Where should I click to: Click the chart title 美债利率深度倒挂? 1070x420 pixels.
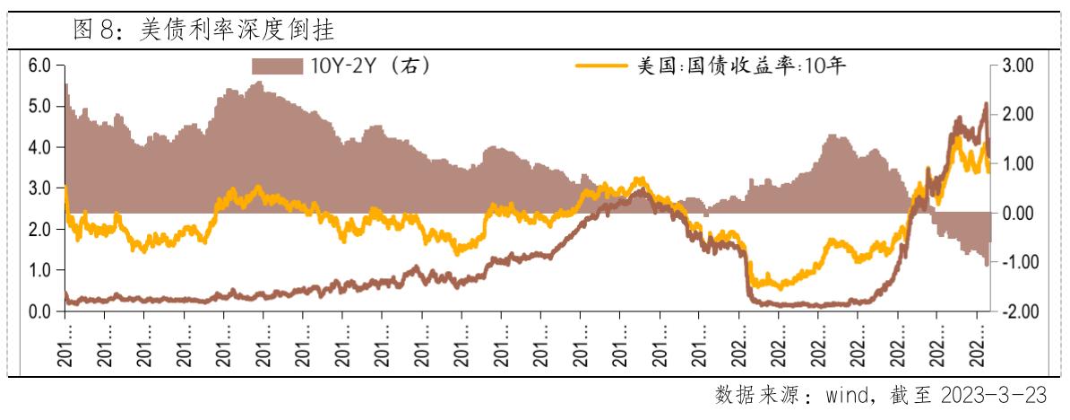pyautogui.click(x=237, y=30)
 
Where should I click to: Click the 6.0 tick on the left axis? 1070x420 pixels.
pyautogui.click(x=39, y=66)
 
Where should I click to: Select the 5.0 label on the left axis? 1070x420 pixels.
pyautogui.click(x=39, y=107)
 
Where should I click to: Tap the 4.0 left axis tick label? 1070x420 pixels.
pyautogui.click(x=39, y=147)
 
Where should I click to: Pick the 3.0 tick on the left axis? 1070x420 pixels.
pyautogui.click(x=39, y=188)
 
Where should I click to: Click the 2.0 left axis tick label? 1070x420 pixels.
pyautogui.click(x=39, y=230)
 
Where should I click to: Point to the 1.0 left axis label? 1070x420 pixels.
pyautogui.click(x=39, y=270)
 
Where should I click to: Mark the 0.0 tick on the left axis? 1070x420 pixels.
pyautogui.click(x=39, y=311)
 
